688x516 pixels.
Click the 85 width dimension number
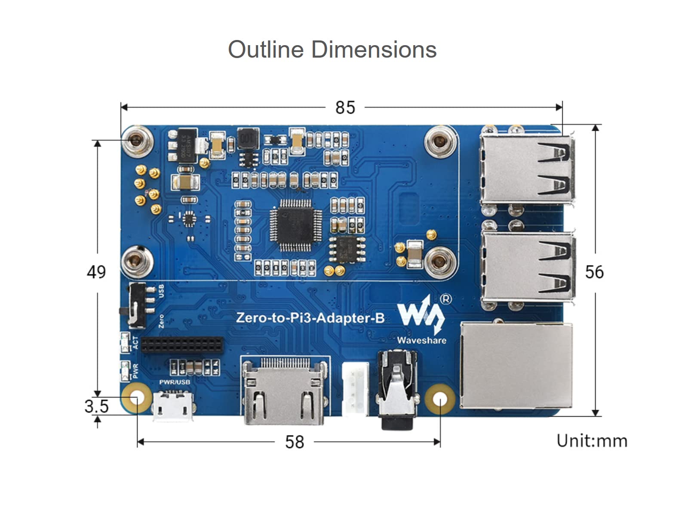[345, 107]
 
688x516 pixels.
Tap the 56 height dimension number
[594, 272]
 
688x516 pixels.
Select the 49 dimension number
[96, 272]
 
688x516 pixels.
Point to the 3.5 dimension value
[96, 406]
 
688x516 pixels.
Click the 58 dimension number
[295, 442]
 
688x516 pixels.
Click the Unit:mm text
[592, 441]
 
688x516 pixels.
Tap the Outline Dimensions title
[332, 49]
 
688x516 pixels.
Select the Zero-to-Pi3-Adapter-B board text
[310, 318]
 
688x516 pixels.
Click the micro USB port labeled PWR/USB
[173, 405]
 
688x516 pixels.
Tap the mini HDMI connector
[284, 392]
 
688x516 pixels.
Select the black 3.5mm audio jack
[397, 389]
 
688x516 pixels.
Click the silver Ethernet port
[516, 365]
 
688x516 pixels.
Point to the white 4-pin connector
[355, 389]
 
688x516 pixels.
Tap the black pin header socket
[182, 344]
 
